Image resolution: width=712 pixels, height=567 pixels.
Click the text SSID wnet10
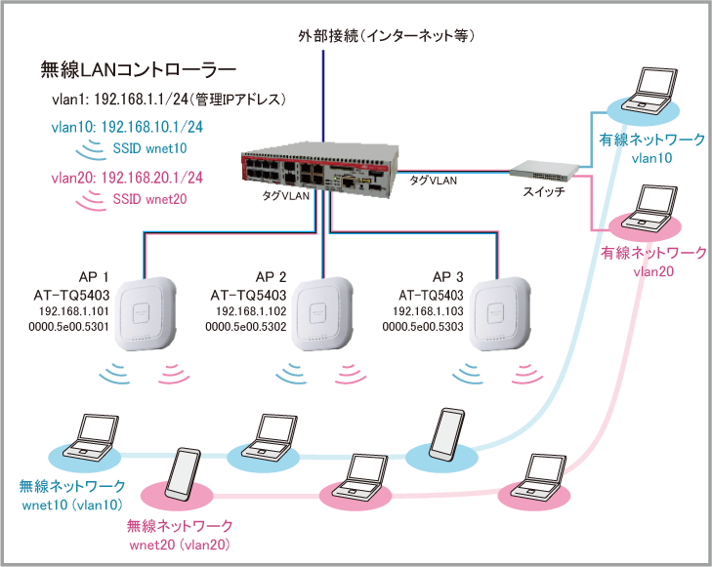coord(152,147)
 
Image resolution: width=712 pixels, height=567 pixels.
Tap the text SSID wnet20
coord(152,199)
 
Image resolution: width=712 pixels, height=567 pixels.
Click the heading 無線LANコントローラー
coord(139,70)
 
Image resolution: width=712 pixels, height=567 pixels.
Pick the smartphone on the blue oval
coord(448,434)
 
